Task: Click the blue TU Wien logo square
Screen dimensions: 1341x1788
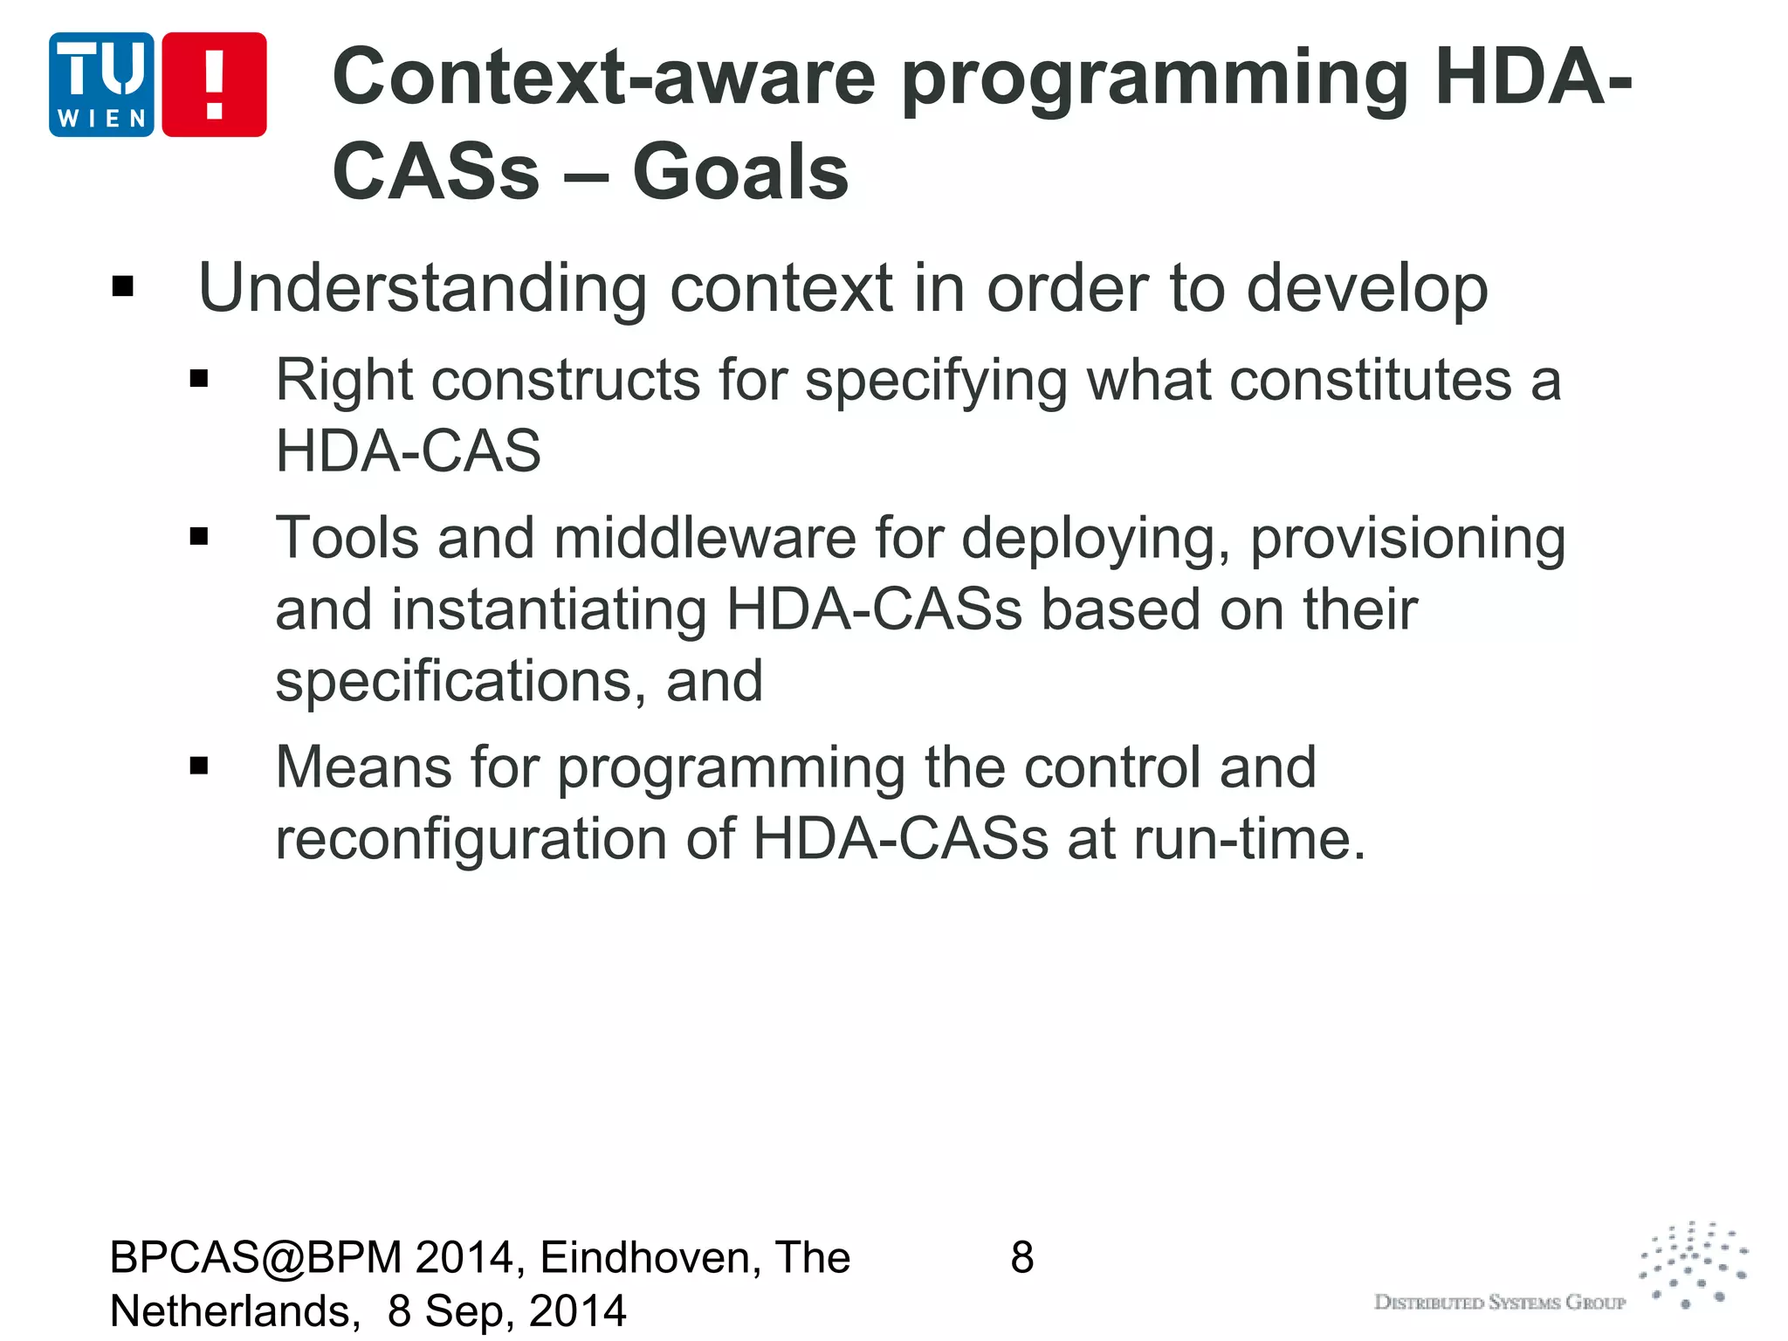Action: (101, 85)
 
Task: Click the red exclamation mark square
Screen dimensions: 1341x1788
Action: (214, 85)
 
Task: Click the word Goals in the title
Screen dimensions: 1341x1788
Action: (739, 172)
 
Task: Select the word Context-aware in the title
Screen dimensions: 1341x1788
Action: (603, 77)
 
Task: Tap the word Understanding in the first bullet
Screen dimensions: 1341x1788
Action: (423, 288)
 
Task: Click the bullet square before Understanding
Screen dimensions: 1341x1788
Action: (123, 286)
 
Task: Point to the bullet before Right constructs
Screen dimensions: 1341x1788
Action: (199, 379)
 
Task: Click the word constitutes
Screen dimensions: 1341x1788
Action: (1299, 381)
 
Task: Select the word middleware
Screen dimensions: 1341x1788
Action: (705, 538)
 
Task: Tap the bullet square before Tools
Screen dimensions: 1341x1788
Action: (199, 536)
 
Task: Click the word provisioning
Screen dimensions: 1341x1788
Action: (1407, 540)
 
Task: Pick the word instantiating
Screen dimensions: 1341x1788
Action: (548, 609)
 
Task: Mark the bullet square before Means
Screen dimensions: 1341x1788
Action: (199, 767)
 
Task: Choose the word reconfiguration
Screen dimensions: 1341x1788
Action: (471, 840)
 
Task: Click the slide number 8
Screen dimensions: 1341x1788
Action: (1022, 1258)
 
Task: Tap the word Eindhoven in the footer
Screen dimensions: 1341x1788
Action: (650, 1258)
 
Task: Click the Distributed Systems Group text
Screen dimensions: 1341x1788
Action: (1500, 1303)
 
